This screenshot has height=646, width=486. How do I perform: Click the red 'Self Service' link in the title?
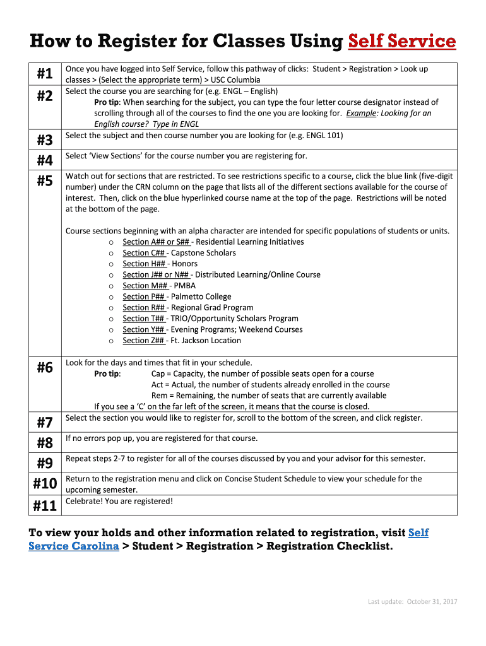click(402, 42)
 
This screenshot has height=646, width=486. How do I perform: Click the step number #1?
click(44, 74)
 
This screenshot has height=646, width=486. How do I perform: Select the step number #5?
click(44, 181)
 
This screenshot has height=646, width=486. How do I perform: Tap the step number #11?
click(44, 505)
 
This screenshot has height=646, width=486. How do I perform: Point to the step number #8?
click(44, 442)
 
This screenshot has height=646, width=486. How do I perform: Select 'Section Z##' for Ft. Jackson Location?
click(144, 341)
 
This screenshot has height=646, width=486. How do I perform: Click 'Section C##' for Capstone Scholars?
click(144, 253)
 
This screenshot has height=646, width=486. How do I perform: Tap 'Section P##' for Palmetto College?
click(144, 297)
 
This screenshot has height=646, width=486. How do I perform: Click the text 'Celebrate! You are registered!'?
click(119, 501)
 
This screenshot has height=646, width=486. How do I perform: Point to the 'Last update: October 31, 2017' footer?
click(412, 601)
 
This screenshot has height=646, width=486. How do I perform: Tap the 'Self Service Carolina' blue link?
click(74, 546)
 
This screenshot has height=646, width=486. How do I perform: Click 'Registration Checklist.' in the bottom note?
click(329, 546)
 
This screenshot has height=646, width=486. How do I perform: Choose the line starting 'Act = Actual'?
click(270, 385)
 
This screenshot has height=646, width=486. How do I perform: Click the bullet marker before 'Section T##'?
click(111, 319)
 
